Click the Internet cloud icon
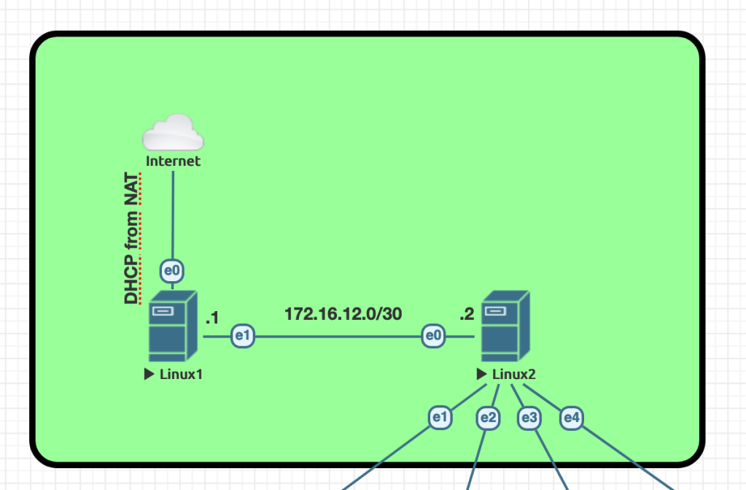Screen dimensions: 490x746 pos(173,132)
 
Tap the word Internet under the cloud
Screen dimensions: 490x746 pos(173,161)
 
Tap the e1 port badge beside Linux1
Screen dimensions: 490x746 pos(243,336)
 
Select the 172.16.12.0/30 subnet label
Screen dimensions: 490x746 pos(343,314)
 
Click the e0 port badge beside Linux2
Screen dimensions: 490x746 pos(434,336)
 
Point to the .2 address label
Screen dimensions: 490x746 pos(467,315)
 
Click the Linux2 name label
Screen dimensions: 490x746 pos(514,375)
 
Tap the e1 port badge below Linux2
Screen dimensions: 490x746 pos(439,418)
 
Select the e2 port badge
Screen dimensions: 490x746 pos(488,418)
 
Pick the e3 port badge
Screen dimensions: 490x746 pos(529,418)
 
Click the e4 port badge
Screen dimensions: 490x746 pos(571,418)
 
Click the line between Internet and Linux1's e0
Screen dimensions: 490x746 pos(173,215)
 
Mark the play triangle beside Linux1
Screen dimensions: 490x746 pos(149,375)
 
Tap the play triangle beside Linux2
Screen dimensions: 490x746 pos(481,375)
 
